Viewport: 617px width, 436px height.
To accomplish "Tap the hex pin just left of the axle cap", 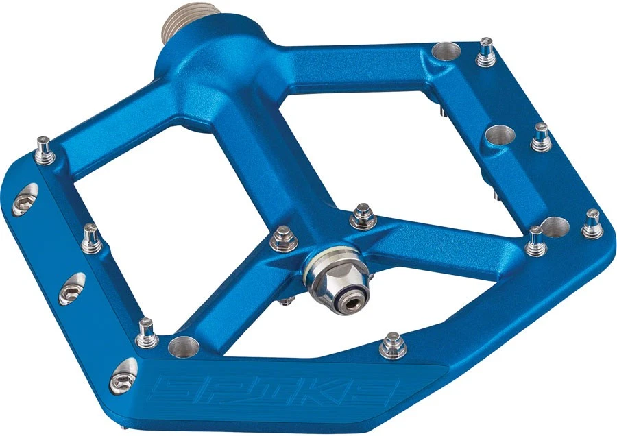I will (281, 241).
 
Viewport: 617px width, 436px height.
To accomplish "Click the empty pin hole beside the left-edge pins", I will (182, 344).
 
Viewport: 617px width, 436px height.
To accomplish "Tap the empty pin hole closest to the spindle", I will (446, 52).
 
